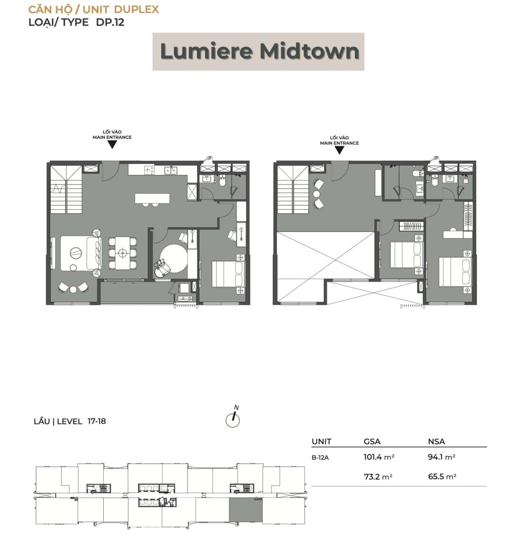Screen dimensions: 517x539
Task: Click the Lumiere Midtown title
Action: coord(260,51)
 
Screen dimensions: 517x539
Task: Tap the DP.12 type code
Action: coord(110,22)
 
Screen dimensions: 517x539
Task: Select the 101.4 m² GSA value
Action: coord(379,457)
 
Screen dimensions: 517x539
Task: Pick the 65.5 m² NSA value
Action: coord(442,477)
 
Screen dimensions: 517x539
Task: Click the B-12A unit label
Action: coord(320,458)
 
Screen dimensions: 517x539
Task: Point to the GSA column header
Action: coord(372,441)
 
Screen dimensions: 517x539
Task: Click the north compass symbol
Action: coord(233,420)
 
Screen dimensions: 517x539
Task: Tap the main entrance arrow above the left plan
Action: coord(112,145)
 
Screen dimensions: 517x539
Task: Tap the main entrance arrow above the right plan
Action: coord(339,150)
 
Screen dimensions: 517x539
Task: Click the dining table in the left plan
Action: coord(122,252)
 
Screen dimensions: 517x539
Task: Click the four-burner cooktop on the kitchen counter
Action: coord(150,170)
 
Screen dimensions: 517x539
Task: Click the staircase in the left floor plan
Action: coord(66,190)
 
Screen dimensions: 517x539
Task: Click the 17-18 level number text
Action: coord(97,421)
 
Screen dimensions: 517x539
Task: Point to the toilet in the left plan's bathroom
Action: coord(222,182)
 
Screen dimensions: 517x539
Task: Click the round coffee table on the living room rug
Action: coord(76,252)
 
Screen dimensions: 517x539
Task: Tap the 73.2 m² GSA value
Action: coord(378,477)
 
